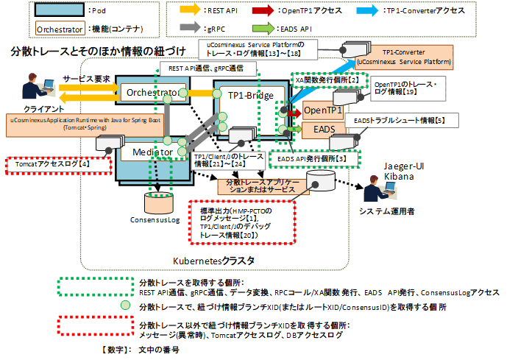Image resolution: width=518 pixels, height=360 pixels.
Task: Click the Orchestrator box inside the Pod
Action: (x=150, y=93)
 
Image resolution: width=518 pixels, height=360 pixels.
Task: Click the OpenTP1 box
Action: (x=322, y=110)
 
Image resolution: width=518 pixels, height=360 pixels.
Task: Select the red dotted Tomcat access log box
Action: (x=49, y=164)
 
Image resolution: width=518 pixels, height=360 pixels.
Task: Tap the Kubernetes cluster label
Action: (x=213, y=261)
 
